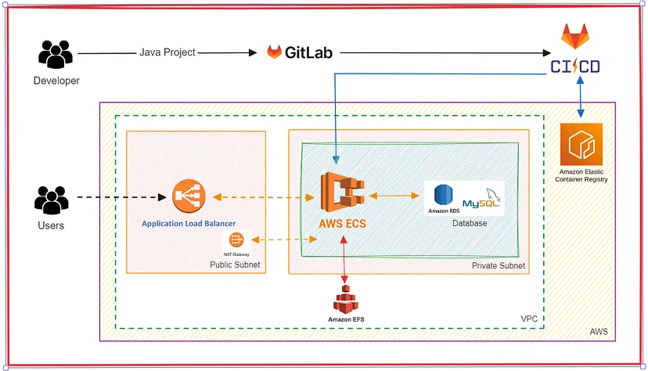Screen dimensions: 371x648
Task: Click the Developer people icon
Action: coord(56,55)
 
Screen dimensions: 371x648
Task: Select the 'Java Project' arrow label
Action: coord(167,52)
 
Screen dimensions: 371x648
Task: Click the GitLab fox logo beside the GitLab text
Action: coord(274,52)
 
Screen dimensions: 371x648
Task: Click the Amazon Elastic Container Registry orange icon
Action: coord(581,145)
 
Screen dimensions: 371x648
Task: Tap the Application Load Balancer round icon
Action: coord(189,196)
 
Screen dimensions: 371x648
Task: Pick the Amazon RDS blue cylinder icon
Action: coord(445,196)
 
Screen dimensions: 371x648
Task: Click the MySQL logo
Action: coord(481,200)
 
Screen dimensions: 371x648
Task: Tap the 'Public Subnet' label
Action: coord(235,265)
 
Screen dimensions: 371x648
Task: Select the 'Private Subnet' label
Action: coord(498,266)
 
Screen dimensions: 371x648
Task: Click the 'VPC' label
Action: coord(530,319)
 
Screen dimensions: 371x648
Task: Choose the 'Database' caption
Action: coord(470,223)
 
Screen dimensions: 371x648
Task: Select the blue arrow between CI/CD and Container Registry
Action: coord(580,99)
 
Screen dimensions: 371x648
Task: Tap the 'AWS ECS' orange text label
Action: coord(342,223)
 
